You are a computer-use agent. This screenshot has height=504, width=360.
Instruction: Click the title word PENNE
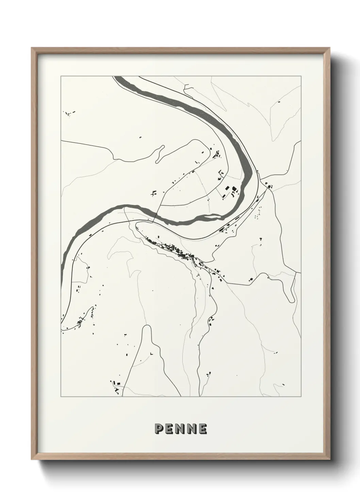(180, 429)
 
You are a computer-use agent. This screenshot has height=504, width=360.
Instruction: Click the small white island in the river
(212, 216)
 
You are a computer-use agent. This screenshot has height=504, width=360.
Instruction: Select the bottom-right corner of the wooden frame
(330, 460)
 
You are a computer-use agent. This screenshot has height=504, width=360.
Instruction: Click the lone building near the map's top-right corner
(279, 101)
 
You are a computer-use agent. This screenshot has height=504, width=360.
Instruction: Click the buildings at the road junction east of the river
(268, 186)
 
